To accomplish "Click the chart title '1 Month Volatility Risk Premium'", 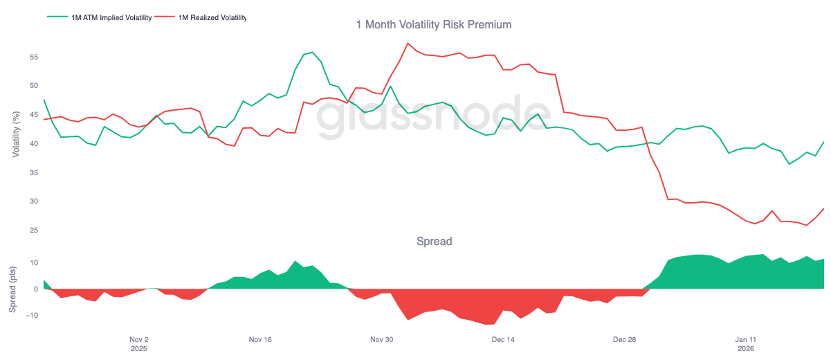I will [433, 25].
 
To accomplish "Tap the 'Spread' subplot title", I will [434, 242].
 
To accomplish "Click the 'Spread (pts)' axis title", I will [12, 289].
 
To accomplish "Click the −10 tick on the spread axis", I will [30, 316].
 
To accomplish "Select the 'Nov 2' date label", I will [139, 340].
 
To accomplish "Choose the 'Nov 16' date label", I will [260, 340].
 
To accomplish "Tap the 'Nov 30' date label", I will [381, 340].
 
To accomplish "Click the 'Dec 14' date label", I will [502, 340].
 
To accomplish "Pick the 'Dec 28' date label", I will [624, 340].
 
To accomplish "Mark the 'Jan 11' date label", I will [745, 340].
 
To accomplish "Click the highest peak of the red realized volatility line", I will [408, 44].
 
